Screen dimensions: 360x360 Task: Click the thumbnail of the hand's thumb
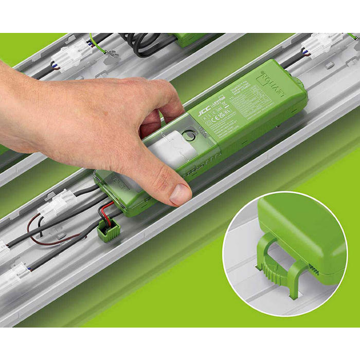(x=181, y=194)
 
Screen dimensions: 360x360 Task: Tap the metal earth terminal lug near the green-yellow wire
(x=110, y=53)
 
